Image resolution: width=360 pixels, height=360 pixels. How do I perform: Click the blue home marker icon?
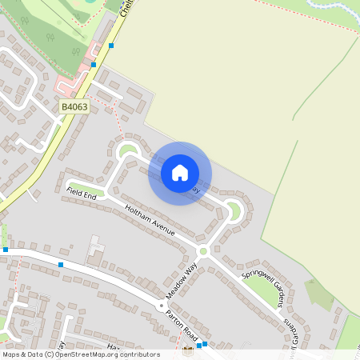click(180, 173)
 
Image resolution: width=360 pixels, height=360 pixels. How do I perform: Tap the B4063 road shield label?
click(74, 106)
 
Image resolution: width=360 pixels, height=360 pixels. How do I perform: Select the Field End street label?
click(81, 193)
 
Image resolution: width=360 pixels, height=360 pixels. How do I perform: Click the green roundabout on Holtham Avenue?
click(203, 251)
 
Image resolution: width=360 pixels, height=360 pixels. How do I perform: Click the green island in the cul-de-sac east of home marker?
click(234, 211)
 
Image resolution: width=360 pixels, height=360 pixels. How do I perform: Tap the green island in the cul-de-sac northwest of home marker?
click(126, 149)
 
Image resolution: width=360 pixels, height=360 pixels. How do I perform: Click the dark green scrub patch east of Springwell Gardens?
click(320, 294)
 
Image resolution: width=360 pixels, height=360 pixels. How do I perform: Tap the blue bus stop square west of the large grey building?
click(61, 264)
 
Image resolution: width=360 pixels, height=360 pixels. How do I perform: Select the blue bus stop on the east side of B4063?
click(111, 46)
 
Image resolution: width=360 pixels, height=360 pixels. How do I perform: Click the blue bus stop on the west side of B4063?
click(94, 64)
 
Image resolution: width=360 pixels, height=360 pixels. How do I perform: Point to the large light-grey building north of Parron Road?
click(96, 250)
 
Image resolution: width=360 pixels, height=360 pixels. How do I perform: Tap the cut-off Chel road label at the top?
click(124, 8)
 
